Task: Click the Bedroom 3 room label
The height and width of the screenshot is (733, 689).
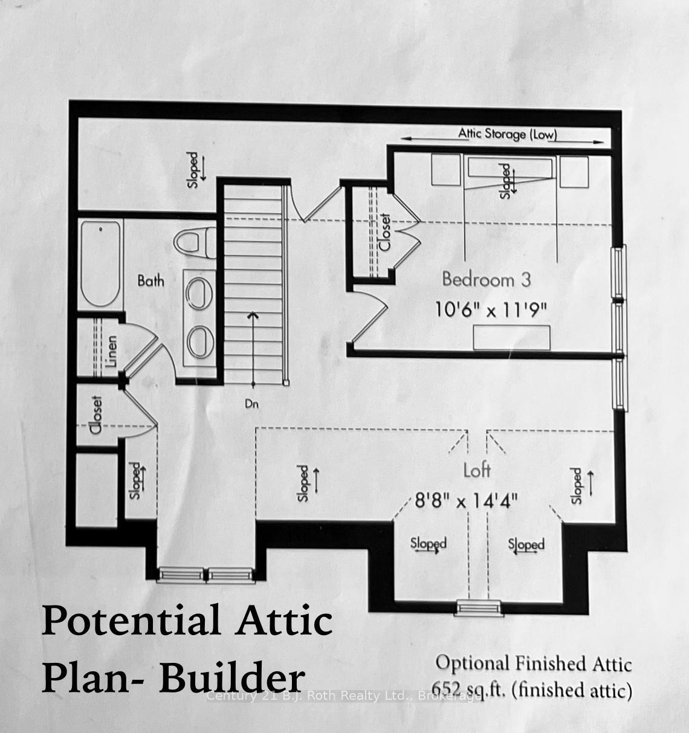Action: pos(487,279)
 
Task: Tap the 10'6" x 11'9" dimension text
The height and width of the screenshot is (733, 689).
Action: pos(491,310)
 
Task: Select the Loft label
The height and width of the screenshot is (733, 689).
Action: pos(477,470)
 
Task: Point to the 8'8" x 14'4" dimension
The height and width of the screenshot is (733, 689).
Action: pos(466,500)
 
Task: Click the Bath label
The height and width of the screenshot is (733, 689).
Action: pos(150,280)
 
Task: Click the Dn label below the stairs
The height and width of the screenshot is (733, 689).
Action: pos(252,404)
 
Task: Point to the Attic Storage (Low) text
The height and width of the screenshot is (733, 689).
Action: pos(507,134)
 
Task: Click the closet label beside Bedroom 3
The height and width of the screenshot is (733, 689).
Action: pos(384,233)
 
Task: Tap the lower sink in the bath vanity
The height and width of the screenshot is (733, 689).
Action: pos(201,343)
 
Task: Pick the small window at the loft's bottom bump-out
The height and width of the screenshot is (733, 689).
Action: pos(478,606)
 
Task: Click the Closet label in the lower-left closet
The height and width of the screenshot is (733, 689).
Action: pos(95,416)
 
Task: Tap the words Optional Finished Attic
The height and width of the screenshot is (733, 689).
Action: pos(534,664)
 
